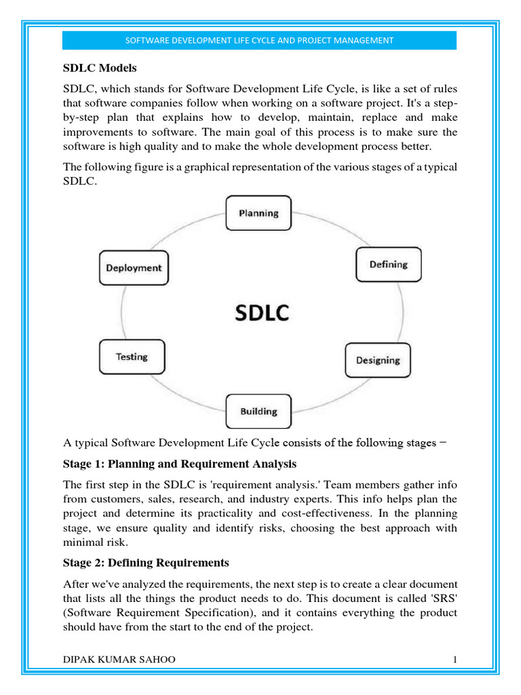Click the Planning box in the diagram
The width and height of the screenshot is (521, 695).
(x=258, y=213)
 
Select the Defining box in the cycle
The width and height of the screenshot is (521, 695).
(x=388, y=265)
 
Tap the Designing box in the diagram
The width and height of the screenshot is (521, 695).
(x=378, y=360)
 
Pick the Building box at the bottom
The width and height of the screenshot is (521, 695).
(x=258, y=411)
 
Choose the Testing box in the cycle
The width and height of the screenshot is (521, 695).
(x=132, y=357)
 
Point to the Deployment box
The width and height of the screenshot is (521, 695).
(x=134, y=268)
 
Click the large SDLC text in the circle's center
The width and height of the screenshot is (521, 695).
(x=262, y=313)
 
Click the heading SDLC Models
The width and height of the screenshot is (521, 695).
(x=100, y=68)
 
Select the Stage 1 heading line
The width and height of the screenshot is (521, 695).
(x=180, y=464)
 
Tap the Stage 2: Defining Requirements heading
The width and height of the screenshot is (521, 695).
(x=146, y=563)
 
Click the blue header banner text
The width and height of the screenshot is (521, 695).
(x=260, y=41)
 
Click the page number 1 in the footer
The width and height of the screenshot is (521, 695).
(x=455, y=660)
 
